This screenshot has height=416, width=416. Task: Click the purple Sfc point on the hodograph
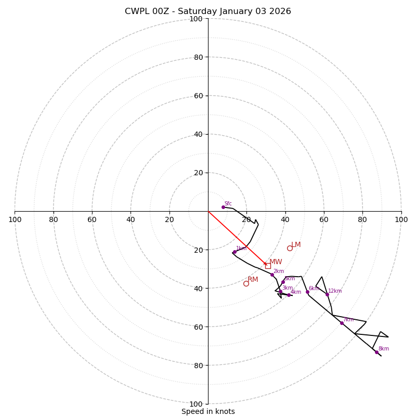pos(223,207)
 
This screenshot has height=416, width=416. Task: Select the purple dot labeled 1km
pos(235,252)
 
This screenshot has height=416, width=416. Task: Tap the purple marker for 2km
pos(271,275)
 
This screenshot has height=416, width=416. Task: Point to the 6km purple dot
pos(307,292)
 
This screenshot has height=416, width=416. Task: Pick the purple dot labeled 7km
pos(342,323)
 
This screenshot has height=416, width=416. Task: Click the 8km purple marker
pos(376,352)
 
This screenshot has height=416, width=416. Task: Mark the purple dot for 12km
pos(327,294)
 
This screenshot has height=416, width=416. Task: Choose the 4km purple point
pos(289,295)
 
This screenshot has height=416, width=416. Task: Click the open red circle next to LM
pos(290,248)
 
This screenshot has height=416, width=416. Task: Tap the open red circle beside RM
pos(246,283)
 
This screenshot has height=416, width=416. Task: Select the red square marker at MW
pos(268,266)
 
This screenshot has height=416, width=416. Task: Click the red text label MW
pos(276,262)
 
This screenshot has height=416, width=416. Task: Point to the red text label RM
pos(253,280)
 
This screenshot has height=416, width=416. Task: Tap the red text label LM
pos(296,245)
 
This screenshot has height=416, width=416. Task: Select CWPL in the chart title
pos(136,11)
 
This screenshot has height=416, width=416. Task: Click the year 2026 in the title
pos(280,11)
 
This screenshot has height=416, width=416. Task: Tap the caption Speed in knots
pos(208,411)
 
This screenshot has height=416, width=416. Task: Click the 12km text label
pos(335,291)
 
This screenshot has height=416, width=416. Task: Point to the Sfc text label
pos(228,204)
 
